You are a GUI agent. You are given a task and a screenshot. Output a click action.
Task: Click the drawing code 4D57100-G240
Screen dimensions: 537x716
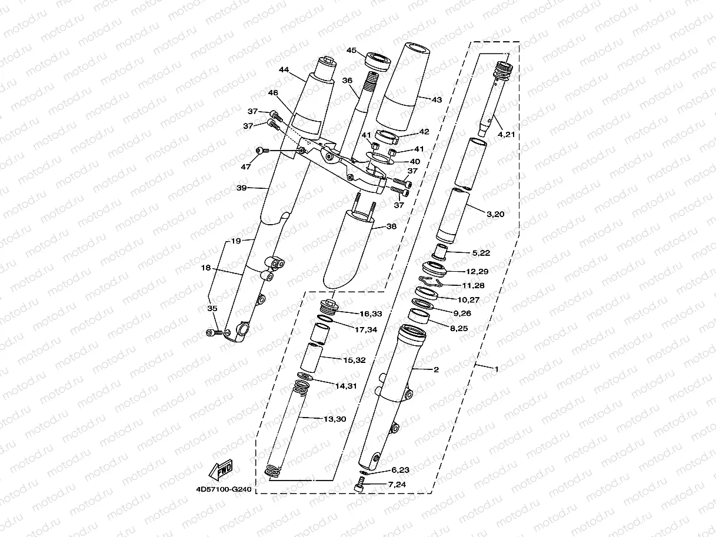223,488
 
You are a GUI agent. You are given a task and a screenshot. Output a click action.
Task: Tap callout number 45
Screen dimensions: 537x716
352,51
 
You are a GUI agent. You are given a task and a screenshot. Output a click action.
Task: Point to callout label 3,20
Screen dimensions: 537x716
495,214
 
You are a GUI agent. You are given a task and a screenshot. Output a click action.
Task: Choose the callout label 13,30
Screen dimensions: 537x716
335,419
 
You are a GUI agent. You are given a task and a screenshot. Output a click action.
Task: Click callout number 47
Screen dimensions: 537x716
245,167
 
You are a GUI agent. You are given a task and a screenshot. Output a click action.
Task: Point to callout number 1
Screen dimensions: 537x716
496,369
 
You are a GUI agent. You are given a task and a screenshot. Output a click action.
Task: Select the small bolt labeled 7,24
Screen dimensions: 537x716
361,485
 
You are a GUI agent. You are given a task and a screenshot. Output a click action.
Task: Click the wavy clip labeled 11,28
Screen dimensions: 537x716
432,282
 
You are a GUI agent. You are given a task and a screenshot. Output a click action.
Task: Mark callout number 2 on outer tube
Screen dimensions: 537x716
437,369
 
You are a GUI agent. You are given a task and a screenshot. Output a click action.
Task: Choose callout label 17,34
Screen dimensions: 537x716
366,329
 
